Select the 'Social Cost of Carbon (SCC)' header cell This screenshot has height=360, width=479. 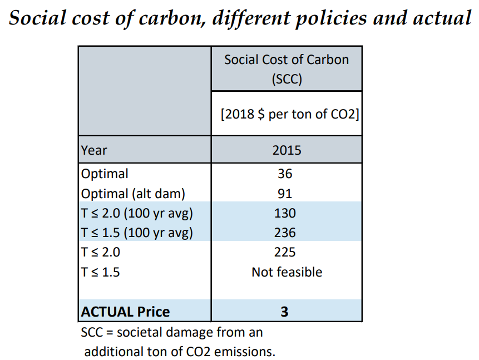[x=287, y=69]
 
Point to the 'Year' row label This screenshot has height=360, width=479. [x=94, y=150]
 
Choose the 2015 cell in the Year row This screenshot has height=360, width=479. [x=287, y=150]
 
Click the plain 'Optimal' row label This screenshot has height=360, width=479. [x=105, y=174]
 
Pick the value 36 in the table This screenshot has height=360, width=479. [x=285, y=174]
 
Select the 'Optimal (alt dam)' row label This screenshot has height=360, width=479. [x=132, y=193]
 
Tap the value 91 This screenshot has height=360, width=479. [x=285, y=194]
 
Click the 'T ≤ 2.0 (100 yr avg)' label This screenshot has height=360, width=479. [x=137, y=213]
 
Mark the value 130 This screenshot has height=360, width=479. [x=285, y=213]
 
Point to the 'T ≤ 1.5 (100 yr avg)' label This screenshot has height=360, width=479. [x=137, y=233]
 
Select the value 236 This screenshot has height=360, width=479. [x=285, y=233]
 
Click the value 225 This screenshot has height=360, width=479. [x=285, y=252]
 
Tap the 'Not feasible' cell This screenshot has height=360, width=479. [x=287, y=272]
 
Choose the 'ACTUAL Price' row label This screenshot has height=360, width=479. [x=126, y=312]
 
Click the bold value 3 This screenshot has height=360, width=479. [x=284, y=312]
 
